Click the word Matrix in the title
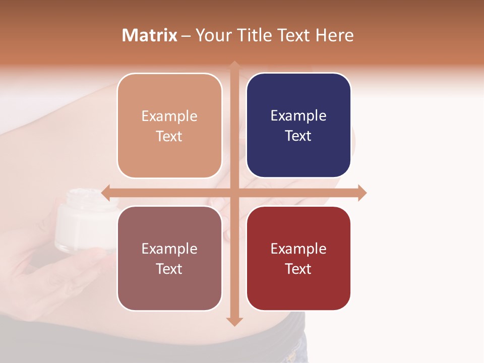[x=150, y=35]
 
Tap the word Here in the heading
[x=334, y=35]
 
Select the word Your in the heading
[x=213, y=35]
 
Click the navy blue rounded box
[x=298, y=126]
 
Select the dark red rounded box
[x=298, y=258]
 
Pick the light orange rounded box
[x=169, y=126]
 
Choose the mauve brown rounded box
[x=169, y=258]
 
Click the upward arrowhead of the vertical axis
[x=234, y=65]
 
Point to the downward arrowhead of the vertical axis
[x=234, y=322]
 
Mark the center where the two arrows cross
[x=234, y=193]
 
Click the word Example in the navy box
[x=298, y=116]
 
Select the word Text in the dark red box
[x=298, y=269]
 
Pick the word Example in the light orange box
[x=169, y=116]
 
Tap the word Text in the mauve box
[x=169, y=269]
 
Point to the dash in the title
[x=186, y=36]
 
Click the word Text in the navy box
[x=298, y=136]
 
